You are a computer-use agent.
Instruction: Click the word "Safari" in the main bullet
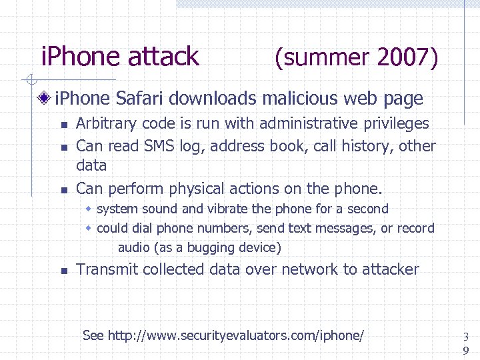[139, 99]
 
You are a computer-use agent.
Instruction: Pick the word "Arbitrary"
[107, 123]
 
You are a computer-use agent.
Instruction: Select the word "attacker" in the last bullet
[391, 269]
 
